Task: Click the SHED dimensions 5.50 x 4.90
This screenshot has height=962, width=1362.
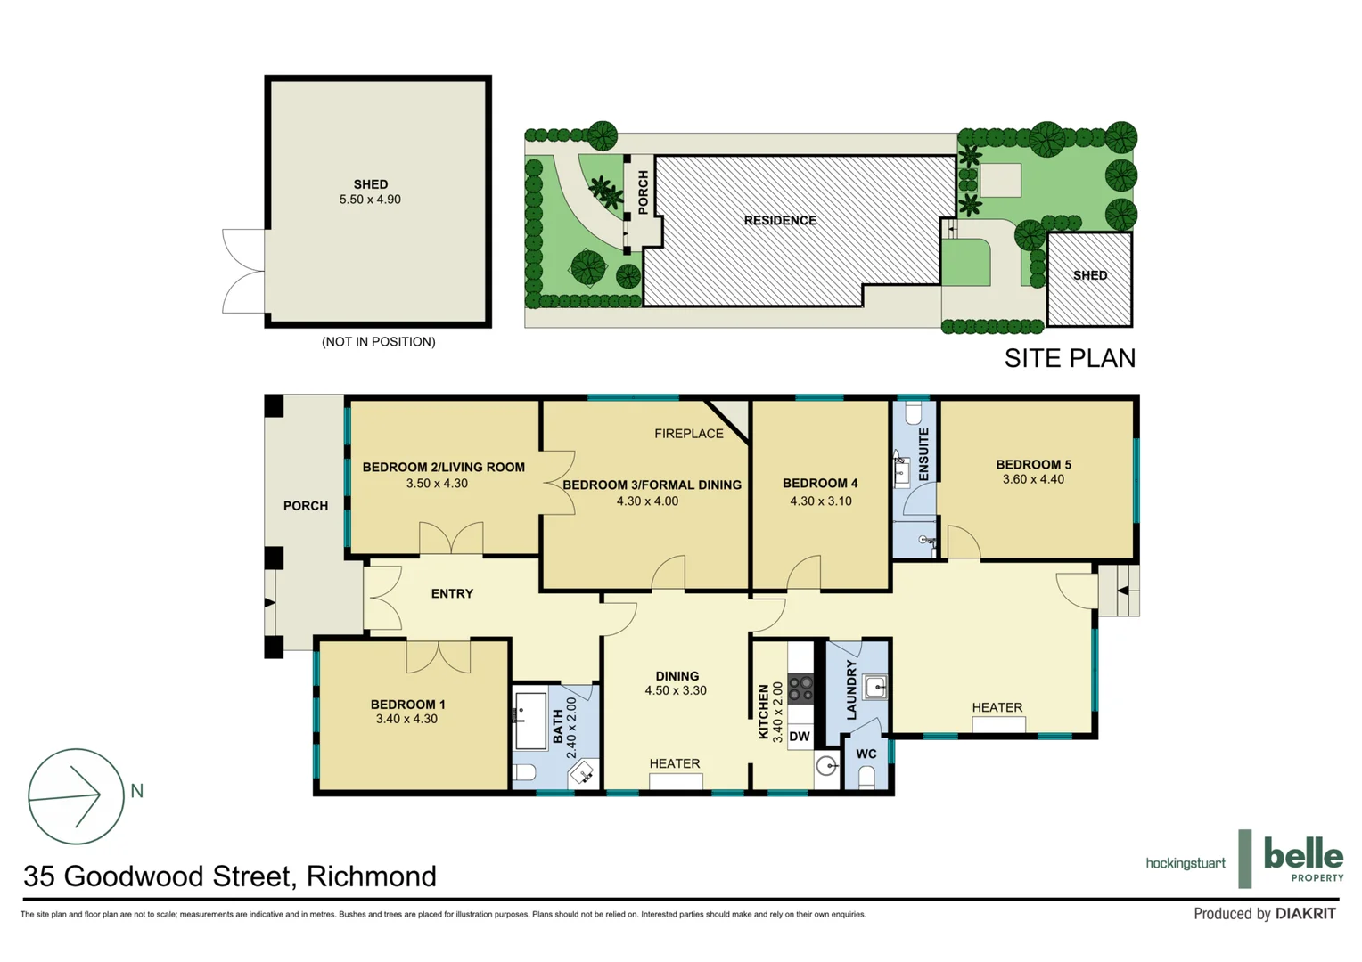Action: click(370, 200)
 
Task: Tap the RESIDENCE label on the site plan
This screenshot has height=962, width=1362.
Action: click(780, 220)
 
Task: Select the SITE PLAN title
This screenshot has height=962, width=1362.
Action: click(1070, 358)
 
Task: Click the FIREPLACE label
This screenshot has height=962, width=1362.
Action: click(688, 434)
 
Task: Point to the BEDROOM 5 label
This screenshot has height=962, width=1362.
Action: click(1033, 464)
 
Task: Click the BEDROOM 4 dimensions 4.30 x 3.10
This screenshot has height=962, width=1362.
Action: click(820, 501)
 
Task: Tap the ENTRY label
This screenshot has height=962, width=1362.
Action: click(452, 593)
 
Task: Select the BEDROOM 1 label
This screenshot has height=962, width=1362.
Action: click(407, 704)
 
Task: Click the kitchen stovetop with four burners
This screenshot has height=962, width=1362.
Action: click(800, 689)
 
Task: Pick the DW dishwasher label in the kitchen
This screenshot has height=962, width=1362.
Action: click(800, 737)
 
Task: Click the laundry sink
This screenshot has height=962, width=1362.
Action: click(875, 687)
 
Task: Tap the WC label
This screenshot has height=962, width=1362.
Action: click(866, 754)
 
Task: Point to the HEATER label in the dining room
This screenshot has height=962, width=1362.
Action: click(674, 763)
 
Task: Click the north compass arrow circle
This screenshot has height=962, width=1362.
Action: click(76, 796)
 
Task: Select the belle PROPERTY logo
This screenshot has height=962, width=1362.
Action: click(1302, 860)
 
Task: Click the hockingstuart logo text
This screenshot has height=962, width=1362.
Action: click(1185, 863)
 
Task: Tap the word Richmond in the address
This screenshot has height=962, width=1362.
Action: click(371, 876)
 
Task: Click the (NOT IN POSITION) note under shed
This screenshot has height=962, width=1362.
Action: click(378, 341)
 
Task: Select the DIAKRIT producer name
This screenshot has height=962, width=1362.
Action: click(1305, 913)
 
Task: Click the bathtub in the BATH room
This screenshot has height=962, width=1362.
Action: click(532, 721)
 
